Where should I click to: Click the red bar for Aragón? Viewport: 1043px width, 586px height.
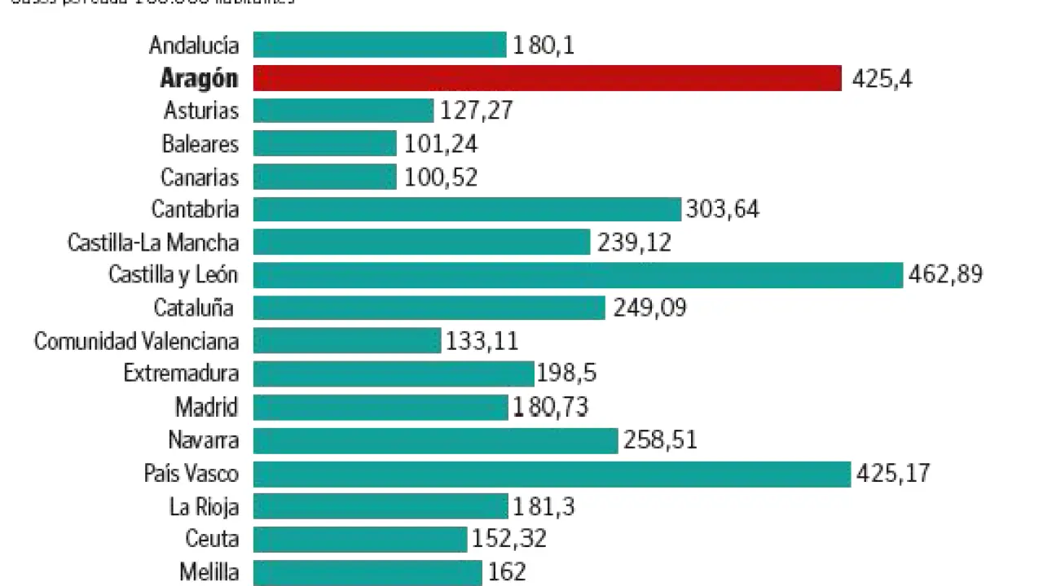click(x=547, y=78)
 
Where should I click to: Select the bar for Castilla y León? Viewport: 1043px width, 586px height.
click(x=578, y=275)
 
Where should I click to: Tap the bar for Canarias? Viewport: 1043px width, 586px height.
click(x=324, y=177)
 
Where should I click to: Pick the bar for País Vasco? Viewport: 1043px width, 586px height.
click(x=552, y=474)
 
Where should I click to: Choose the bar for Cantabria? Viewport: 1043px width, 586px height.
click(x=467, y=209)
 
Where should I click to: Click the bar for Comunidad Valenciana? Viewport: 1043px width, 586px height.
click(x=347, y=340)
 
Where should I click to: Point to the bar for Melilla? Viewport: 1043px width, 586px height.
click(x=367, y=572)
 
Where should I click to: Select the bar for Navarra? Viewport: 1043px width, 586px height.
click(x=436, y=440)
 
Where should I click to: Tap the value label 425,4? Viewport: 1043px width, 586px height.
click(x=882, y=79)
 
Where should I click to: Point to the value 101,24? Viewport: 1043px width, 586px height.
click(x=441, y=144)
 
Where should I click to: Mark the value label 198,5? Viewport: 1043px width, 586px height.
click(x=567, y=374)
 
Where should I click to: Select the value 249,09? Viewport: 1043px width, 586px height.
click(x=649, y=308)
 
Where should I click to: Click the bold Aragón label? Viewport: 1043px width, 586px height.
click(x=200, y=78)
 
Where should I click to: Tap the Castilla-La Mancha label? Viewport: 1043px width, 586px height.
click(x=153, y=243)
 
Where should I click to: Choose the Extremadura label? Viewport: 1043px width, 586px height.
click(x=181, y=374)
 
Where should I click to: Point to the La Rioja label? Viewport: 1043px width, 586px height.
click(x=204, y=506)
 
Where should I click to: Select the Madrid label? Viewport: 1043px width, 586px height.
click(x=206, y=406)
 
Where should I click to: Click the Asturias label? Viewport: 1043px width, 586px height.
click(x=201, y=111)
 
